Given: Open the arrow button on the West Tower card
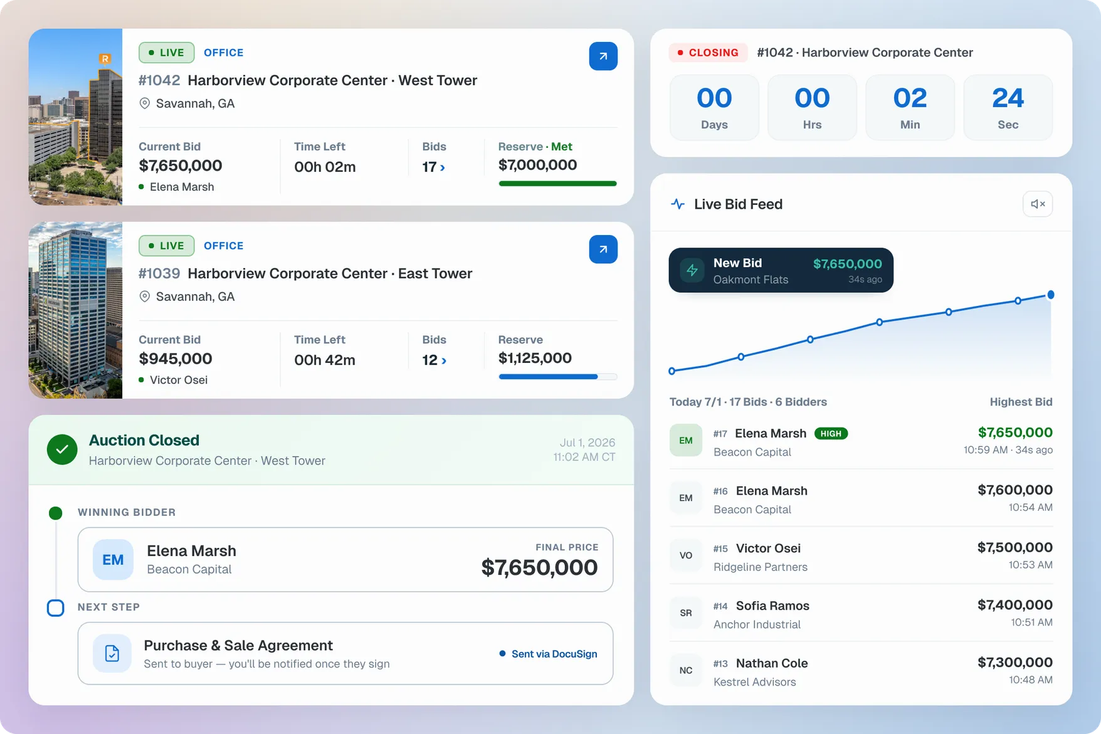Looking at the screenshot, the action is click(x=603, y=56).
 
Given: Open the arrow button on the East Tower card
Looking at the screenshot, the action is click(x=603, y=249).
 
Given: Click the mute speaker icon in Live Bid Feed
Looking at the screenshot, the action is click(x=1038, y=204).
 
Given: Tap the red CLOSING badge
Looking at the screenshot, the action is click(x=708, y=53).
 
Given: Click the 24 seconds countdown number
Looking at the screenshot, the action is click(x=1008, y=98).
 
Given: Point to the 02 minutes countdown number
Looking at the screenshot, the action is click(x=910, y=98).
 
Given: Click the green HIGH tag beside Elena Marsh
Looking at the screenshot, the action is click(x=831, y=434).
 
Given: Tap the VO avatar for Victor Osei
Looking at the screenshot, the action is click(x=686, y=555).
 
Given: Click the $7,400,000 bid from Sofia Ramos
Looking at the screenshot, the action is click(x=1014, y=605).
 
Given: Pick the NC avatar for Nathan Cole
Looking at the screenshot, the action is click(x=686, y=670).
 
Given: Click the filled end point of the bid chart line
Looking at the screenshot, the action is click(x=1051, y=295).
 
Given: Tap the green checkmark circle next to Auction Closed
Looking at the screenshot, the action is click(x=62, y=449).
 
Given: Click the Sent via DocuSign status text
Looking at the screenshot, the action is click(x=554, y=654).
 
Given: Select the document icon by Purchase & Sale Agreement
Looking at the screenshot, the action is click(x=112, y=653).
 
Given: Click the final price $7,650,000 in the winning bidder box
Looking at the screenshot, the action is click(x=539, y=567).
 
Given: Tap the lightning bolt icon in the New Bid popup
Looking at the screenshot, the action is click(x=692, y=270).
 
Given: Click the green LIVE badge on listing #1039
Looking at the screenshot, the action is click(x=166, y=246).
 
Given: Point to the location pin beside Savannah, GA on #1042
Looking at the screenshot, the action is click(x=144, y=103).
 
